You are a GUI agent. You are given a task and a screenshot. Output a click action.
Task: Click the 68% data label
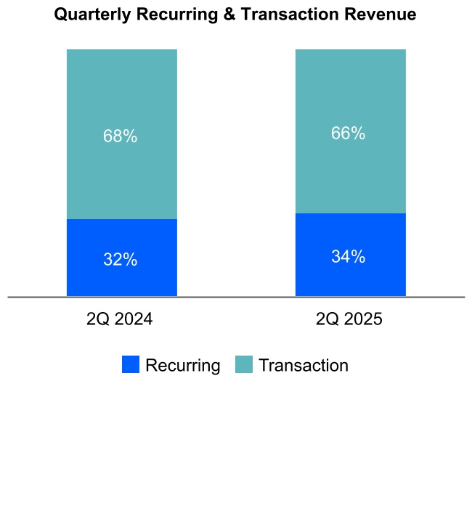[121, 136]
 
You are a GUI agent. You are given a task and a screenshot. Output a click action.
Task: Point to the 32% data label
[121, 260]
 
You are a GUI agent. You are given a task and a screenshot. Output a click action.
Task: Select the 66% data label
[349, 134]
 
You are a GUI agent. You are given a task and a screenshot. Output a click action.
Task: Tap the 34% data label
[349, 257]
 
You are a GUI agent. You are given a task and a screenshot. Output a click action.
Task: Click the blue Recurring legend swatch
[131, 365]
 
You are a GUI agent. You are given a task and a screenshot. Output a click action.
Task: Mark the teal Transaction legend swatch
[244, 365]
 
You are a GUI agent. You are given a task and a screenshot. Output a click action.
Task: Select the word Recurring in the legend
[182, 365]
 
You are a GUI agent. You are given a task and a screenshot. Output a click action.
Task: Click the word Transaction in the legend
[304, 365]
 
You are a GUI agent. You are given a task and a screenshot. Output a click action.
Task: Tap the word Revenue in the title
[381, 15]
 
